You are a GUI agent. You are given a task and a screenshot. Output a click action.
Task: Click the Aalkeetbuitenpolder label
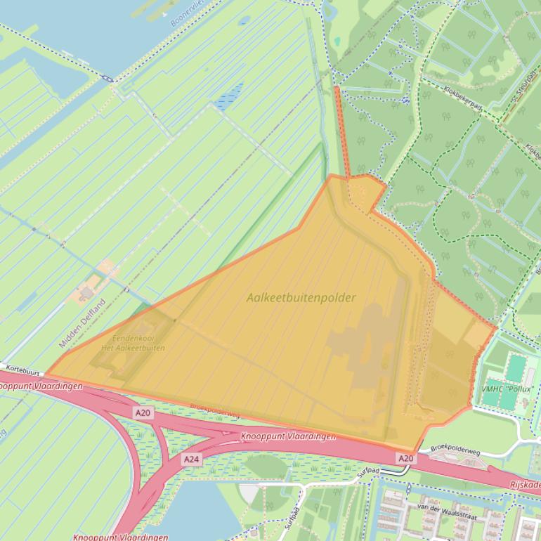click(301, 298)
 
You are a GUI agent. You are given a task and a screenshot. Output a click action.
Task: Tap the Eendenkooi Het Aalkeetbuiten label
click(133, 343)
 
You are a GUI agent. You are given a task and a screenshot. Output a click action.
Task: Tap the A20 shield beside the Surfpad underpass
click(405, 458)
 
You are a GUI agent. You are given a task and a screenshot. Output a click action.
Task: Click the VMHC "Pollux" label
click(508, 389)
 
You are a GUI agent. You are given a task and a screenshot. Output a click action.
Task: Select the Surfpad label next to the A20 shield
click(368, 472)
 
